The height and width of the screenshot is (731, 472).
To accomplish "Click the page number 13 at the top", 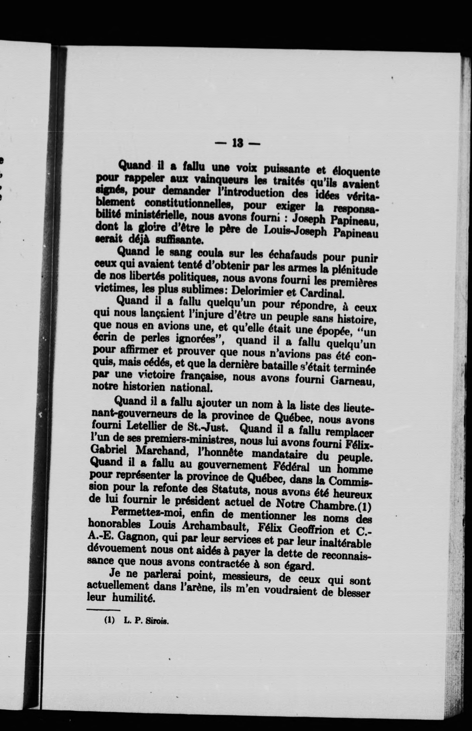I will [x=238, y=143].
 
